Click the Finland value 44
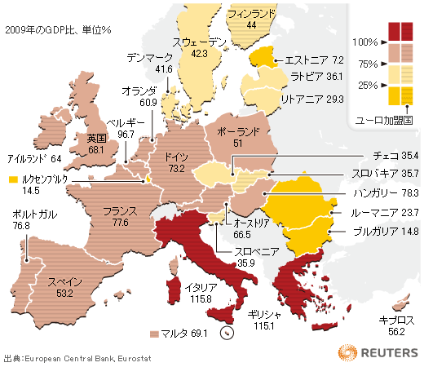tap(251, 26)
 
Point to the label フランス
tap(121, 210)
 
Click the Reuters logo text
tap(388, 351)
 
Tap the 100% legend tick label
tap(364, 42)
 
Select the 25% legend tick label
tap(367, 85)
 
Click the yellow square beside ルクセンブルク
tap(12, 179)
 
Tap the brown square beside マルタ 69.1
tap(154, 334)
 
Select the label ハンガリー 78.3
tap(386, 193)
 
